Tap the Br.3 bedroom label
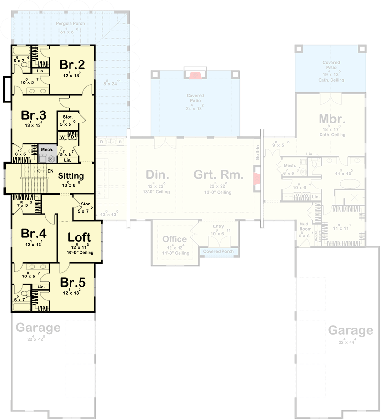point(34,115)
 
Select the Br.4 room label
point(34,234)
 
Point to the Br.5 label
point(73,282)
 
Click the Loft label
point(80,237)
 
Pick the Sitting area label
point(71,175)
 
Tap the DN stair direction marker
point(50,170)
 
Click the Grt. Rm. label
point(218,175)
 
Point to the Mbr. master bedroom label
point(332,119)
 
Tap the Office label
point(174,239)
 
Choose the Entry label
point(218,226)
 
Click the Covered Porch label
point(218,251)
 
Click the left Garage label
point(38,328)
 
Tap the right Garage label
point(350,330)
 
